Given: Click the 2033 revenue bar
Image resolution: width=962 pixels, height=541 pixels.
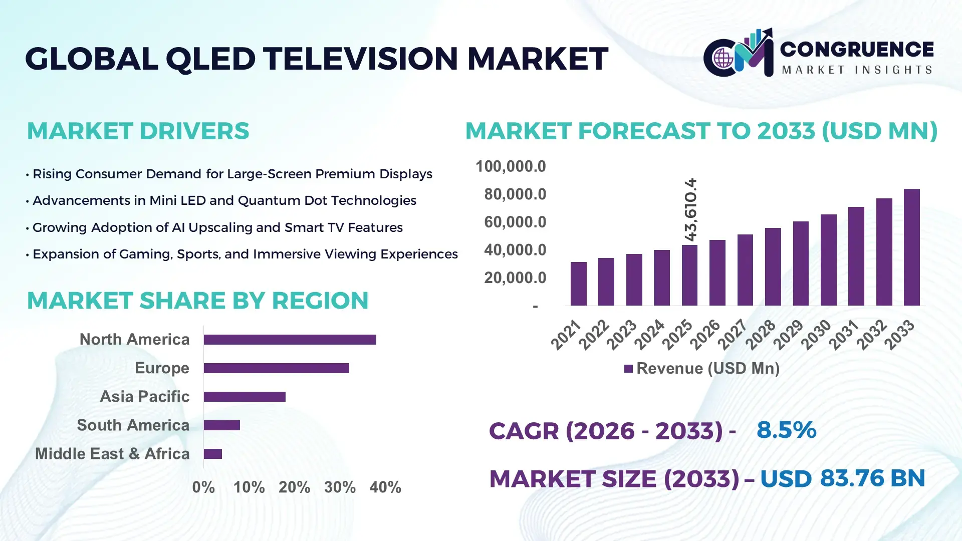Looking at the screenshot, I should click(911, 247).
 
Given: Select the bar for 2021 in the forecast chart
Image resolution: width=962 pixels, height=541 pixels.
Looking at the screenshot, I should click(578, 284).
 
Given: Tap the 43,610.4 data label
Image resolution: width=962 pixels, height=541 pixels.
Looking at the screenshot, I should click(690, 209).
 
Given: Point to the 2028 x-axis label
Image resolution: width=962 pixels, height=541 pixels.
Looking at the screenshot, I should click(761, 335).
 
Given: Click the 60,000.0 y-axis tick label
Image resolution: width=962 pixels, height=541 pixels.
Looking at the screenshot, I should click(515, 222).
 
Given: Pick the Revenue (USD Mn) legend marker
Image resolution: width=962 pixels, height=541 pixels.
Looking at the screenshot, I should click(628, 369).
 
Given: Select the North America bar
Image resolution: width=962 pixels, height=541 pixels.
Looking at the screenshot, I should click(290, 340).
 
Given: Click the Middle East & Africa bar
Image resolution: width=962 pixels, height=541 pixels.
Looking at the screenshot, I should click(212, 454).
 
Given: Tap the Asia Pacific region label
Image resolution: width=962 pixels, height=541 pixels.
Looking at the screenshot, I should click(144, 396).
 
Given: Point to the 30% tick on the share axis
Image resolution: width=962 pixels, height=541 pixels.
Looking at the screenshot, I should click(340, 487).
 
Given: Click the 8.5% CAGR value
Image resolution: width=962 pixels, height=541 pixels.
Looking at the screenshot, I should click(786, 430).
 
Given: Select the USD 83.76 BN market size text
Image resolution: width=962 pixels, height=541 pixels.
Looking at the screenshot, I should click(842, 478).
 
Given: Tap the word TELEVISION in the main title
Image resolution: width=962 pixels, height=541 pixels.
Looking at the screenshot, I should click(361, 59).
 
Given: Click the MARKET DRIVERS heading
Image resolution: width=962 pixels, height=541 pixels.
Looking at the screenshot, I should click(138, 131).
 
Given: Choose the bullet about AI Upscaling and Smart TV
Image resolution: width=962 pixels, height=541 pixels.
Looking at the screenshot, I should click(217, 227).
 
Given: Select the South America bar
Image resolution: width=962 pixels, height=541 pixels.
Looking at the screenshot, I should click(221, 425).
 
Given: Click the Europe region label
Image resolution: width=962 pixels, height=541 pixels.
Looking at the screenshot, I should click(162, 368).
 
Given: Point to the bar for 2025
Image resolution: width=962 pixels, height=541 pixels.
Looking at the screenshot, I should click(689, 275).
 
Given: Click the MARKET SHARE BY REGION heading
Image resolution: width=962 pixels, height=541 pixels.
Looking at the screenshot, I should click(197, 301).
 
